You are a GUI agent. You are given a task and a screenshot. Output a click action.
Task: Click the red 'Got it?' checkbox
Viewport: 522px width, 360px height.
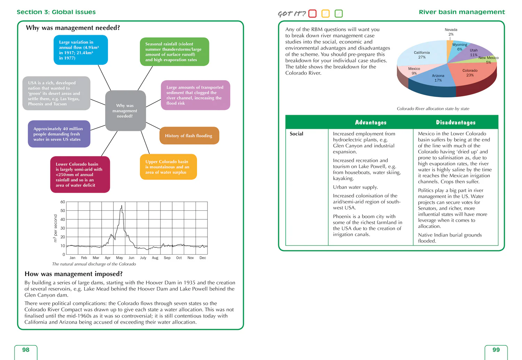pyautogui.click(x=312, y=14)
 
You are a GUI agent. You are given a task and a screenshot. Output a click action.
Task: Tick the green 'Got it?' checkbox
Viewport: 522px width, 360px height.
pyautogui.click(x=338, y=14)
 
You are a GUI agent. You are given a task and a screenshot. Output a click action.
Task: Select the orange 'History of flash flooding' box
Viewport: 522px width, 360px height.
pyautogui.click(x=189, y=136)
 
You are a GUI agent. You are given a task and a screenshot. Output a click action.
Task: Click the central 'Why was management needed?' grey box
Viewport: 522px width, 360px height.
pyautogui.click(x=125, y=111)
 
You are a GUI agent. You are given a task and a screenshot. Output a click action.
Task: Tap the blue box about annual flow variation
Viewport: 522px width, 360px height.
pyautogui.click(x=80, y=50)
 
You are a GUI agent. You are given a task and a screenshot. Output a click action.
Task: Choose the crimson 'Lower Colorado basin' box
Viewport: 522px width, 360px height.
pyautogui.click(x=80, y=175)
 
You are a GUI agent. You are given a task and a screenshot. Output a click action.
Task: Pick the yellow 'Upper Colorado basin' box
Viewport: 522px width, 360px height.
pyautogui.click(x=168, y=167)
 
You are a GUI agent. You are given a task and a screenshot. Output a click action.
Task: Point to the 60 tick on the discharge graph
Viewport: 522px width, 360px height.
pyautogui.click(x=63, y=202)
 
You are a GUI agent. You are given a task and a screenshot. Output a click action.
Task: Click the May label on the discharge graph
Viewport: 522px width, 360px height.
pyautogui.click(x=119, y=258)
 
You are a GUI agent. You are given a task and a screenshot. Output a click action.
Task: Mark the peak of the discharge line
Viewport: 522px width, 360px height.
pyautogui.click(x=121, y=206)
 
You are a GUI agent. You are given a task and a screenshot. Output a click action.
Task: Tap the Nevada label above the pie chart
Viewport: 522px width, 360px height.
pyautogui.click(x=451, y=30)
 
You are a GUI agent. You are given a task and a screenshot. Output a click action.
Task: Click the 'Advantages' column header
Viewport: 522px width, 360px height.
pyautogui.click(x=371, y=122)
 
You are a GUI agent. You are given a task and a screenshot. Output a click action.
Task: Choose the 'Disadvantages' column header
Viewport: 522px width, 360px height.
pyautogui.click(x=456, y=122)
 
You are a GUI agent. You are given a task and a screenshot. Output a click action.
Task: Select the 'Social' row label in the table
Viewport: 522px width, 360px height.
pyautogui.click(x=296, y=134)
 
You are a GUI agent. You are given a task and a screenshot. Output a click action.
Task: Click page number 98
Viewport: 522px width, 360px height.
pyautogui.click(x=26, y=350)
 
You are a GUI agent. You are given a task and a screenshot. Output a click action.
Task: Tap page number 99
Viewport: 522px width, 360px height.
pyautogui.click(x=496, y=350)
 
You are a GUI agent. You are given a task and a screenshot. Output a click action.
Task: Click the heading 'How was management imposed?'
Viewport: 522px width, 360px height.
pyautogui.click(x=73, y=274)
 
